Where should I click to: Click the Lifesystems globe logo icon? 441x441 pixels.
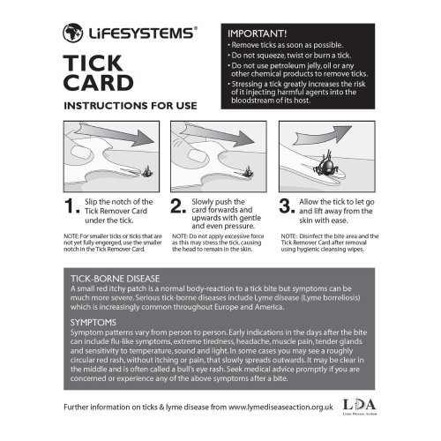click(x=72, y=33)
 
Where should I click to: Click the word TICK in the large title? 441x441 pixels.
click(x=93, y=64)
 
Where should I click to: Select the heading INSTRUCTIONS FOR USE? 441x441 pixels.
click(x=131, y=106)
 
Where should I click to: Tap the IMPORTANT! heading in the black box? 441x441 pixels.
click(x=258, y=34)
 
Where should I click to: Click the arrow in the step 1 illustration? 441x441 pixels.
click(x=115, y=134)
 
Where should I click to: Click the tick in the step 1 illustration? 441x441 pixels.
click(x=147, y=172)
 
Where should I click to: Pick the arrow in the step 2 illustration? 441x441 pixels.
click(x=218, y=135)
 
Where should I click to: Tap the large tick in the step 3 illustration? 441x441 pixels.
click(x=325, y=166)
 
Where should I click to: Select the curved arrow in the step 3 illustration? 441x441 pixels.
click(x=324, y=135)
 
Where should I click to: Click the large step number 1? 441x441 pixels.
click(x=71, y=206)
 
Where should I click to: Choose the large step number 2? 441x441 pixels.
click(x=178, y=206)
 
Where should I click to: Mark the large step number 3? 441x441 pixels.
click(x=287, y=206)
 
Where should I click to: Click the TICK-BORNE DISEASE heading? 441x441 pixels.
click(x=116, y=279)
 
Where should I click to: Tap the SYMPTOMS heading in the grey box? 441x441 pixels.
click(x=93, y=323)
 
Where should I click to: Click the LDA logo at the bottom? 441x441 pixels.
click(x=360, y=406)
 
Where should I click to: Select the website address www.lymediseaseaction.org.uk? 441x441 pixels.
click(x=280, y=407)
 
